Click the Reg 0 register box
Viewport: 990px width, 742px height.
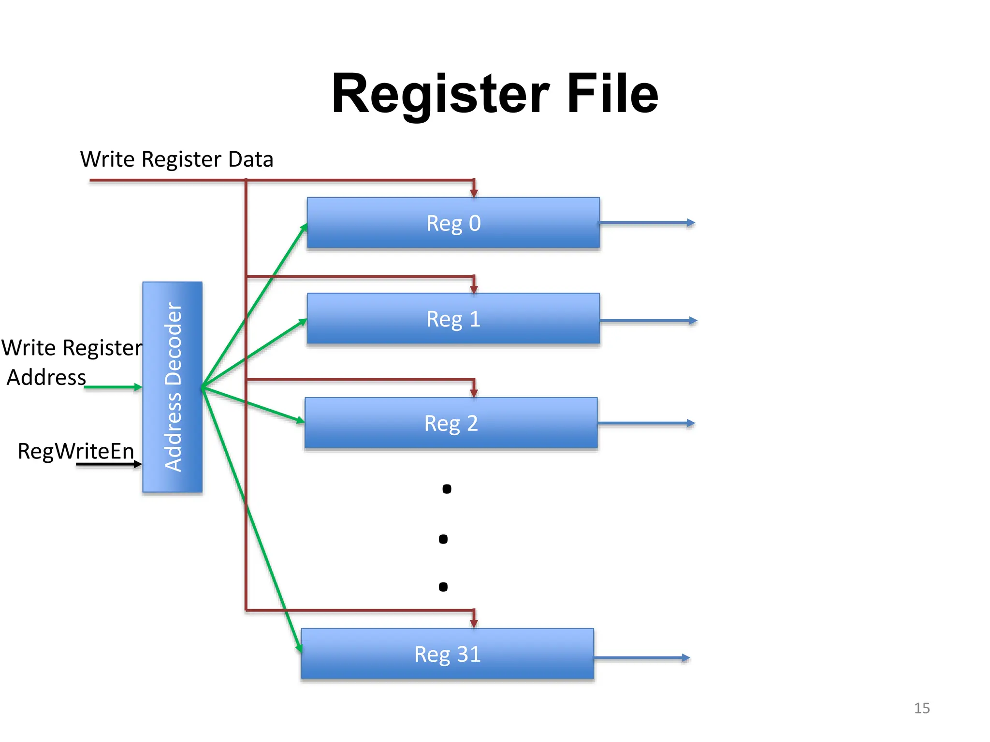[x=453, y=223]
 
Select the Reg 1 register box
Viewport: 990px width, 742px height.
[x=453, y=318]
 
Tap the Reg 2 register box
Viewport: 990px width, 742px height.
[x=451, y=423]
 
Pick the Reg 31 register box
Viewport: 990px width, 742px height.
[x=447, y=654]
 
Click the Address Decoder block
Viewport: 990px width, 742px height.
[x=173, y=387]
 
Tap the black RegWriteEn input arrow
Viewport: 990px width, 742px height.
[x=109, y=464]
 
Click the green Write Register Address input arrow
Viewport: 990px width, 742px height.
[x=114, y=387]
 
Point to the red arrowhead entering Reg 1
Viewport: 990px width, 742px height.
[x=474, y=288]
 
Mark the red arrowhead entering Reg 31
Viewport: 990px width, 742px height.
[x=474, y=623]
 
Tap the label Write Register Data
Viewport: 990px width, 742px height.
[x=176, y=159]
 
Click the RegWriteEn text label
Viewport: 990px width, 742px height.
[x=76, y=451]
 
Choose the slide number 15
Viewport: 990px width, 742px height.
[x=921, y=708]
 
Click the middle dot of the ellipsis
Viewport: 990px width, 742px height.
[x=443, y=539]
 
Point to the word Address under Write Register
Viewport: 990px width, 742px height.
[x=46, y=377]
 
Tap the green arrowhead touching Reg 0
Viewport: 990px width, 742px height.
[x=304, y=227]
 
